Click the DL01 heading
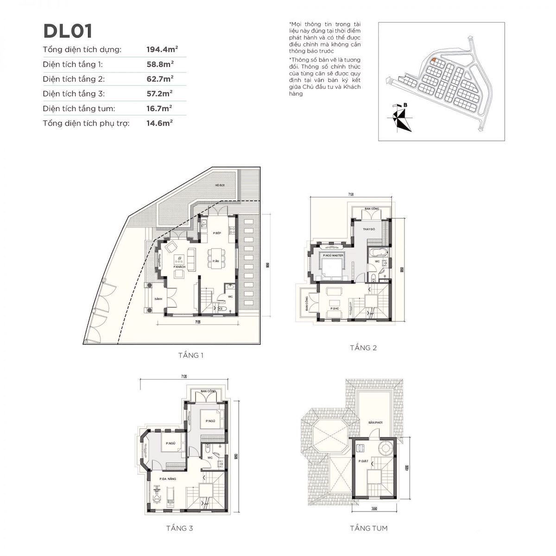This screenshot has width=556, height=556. [x=68, y=31]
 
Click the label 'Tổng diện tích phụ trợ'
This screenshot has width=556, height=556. [x=86, y=123]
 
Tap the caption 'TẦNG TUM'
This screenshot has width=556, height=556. [x=369, y=528]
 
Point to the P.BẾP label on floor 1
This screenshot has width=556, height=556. [x=218, y=234]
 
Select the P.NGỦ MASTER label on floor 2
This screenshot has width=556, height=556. [x=333, y=255]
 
